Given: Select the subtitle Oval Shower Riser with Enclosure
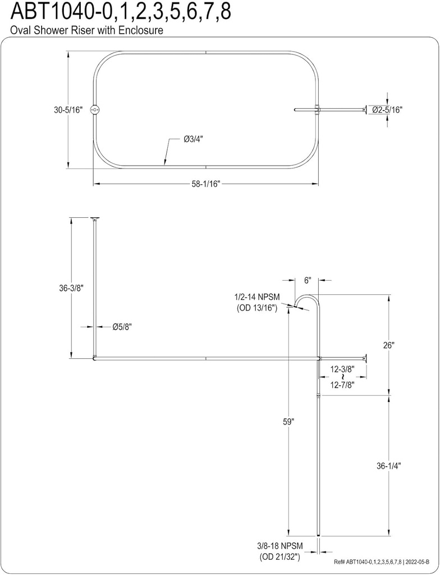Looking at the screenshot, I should pyautogui.click(x=87, y=30).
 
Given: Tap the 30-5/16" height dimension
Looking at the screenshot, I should pyautogui.click(x=63, y=110).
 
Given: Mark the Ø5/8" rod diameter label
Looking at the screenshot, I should pyautogui.click(x=122, y=326).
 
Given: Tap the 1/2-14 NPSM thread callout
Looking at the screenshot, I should pyautogui.click(x=256, y=298).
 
